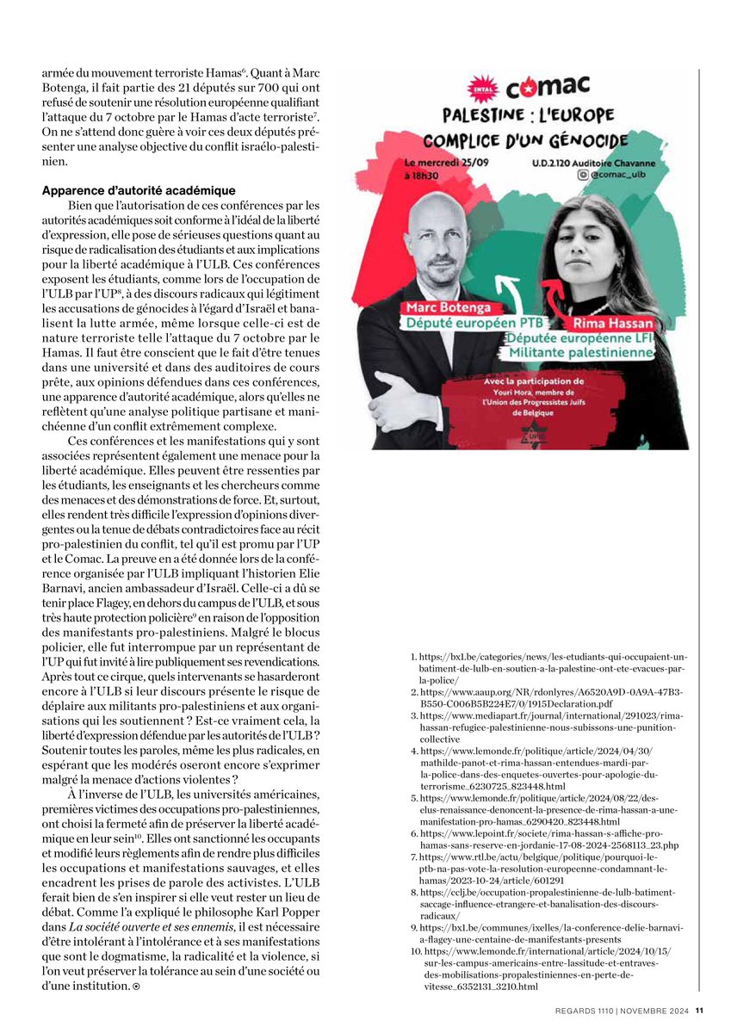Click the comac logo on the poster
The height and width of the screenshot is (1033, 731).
tap(547, 86)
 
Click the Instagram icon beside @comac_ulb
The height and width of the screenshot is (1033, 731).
tap(585, 175)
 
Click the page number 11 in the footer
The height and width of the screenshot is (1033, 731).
tap(700, 1011)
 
